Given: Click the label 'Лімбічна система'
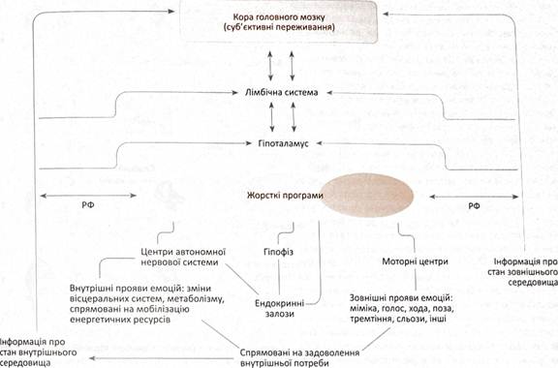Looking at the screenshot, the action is (x=282, y=93).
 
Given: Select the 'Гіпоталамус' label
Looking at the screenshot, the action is (x=283, y=143).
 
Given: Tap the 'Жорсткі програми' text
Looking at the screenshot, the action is (x=285, y=196).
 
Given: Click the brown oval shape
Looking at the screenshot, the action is (x=367, y=195).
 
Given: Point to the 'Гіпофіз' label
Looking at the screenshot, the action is (x=279, y=252).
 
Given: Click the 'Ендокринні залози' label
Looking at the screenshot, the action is (x=280, y=309).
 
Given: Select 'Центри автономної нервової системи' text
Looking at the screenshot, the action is (x=183, y=257).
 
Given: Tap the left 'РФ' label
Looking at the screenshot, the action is (x=88, y=205).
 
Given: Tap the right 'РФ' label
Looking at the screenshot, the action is (x=474, y=205).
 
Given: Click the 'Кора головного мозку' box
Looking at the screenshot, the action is (x=279, y=22).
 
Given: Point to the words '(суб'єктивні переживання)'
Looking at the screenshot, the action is (x=279, y=27).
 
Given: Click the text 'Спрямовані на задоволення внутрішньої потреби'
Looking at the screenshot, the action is (x=299, y=358).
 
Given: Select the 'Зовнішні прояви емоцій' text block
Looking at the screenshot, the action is (x=402, y=308).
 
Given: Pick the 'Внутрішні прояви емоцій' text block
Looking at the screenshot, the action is (x=147, y=303).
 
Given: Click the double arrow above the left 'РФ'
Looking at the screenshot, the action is (x=88, y=196).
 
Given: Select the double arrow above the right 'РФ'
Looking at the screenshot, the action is (x=474, y=197).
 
